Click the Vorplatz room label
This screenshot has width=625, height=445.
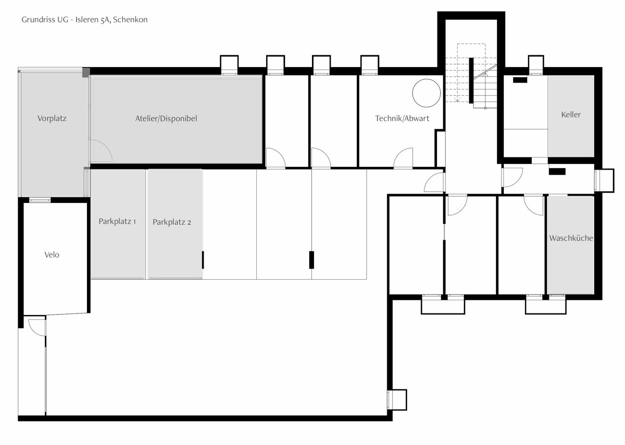point(52,118)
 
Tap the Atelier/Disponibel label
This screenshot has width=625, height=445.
point(166,118)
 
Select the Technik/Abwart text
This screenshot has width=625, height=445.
point(402,118)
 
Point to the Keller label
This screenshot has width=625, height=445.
point(571,114)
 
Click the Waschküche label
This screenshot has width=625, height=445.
point(571,238)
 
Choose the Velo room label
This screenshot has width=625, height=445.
point(52,255)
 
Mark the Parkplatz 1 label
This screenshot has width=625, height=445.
point(117,222)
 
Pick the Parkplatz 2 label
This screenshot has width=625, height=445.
point(172,222)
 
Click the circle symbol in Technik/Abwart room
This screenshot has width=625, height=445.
point(426,93)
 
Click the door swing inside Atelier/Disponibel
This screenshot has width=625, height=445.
point(101,152)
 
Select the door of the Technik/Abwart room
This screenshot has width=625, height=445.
point(403,159)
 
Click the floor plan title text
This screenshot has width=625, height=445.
point(84,20)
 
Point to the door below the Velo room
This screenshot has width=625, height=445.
point(37,327)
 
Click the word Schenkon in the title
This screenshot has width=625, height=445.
point(130,20)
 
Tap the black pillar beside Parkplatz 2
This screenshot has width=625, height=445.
point(203,260)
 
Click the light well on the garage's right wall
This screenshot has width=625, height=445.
point(397,400)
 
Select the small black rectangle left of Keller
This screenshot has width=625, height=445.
point(520,80)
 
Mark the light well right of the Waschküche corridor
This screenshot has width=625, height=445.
point(604,180)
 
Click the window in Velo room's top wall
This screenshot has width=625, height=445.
point(40,200)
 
